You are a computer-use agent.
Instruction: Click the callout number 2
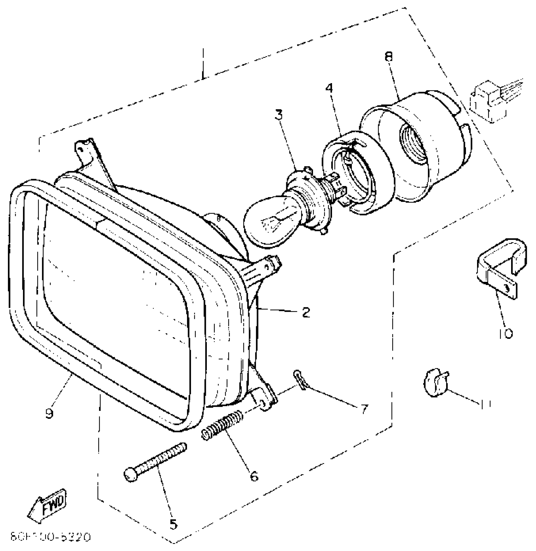[306, 312]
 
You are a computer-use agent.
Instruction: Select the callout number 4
[329, 88]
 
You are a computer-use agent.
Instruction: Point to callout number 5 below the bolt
[173, 524]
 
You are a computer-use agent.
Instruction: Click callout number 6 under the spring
[254, 476]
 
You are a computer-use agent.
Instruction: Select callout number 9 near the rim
[49, 413]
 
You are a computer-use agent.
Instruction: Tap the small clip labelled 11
[435, 383]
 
